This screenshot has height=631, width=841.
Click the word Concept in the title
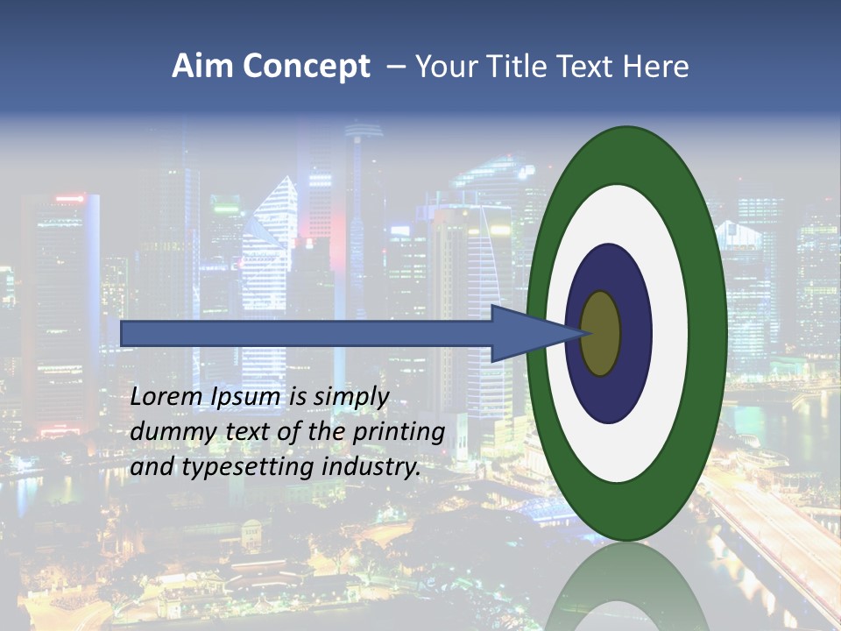[306, 67]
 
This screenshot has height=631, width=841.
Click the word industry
[371, 467]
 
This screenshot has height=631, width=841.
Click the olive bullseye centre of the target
[601, 333]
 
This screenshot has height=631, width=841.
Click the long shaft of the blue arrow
[307, 333]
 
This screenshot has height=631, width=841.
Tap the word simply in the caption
[350, 397]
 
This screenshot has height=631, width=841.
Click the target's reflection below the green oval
[625, 587]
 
